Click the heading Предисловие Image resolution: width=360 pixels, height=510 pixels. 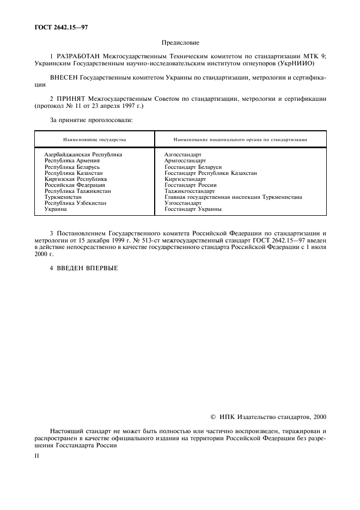pyautogui.click(x=180, y=42)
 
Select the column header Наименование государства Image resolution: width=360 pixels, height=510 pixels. pyautogui.click(x=94, y=139)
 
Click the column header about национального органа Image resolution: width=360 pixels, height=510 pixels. pyautogui.click(x=240, y=139)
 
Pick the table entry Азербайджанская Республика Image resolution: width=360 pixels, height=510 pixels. pyautogui.click(x=83, y=155)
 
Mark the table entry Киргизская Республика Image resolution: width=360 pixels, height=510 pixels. pyautogui.click(x=76, y=179)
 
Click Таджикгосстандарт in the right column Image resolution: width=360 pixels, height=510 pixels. pyautogui.click(x=190, y=191)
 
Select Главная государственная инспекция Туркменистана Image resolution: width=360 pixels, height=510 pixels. pyautogui.click(x=233, y=197)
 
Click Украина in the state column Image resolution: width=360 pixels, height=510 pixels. pyautogui.click(x=56, y=209)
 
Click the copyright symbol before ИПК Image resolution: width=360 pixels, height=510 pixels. pyautogui.click(x=213, y=417)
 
